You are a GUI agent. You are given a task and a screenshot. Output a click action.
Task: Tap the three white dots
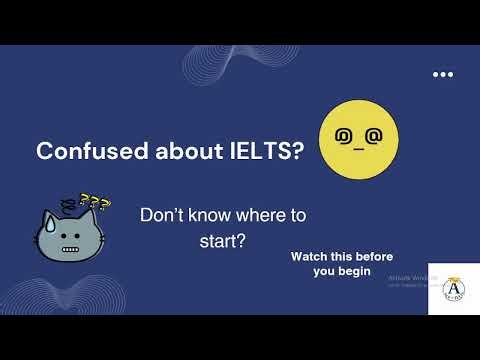[443, 75]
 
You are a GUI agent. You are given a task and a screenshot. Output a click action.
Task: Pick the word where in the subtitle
[243, 216]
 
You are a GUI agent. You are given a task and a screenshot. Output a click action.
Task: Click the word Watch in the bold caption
[310, 257]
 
